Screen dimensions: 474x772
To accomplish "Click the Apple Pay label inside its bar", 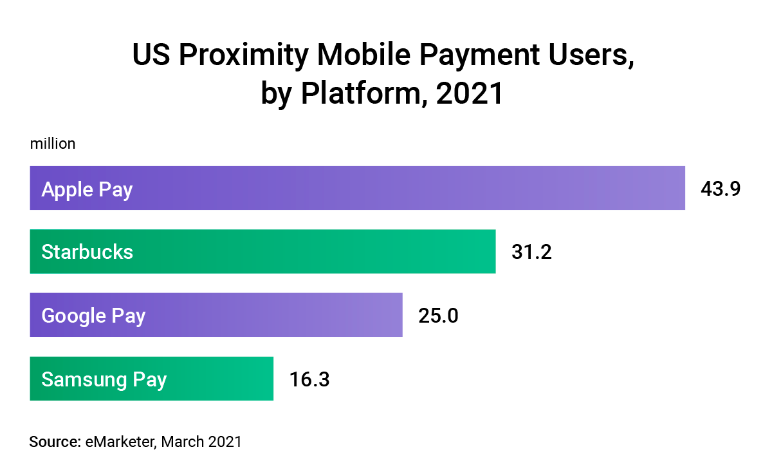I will pos(87,189).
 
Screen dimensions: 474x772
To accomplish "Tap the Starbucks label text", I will pos(87,251).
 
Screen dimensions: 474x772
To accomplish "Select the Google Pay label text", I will pos(93,316).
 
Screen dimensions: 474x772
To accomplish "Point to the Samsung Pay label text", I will pos(104,379).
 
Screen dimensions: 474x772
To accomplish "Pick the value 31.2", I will pos(531,251).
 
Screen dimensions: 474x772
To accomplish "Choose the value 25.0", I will pos(438,316).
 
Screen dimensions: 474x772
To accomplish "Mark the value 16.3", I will pos(309,379).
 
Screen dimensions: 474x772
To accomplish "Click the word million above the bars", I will pos(53,144).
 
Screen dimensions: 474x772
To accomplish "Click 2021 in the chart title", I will pos(469,94).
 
